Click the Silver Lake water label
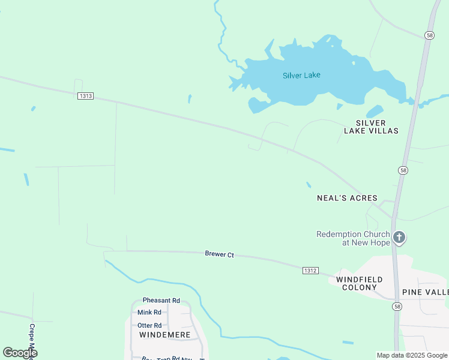(301, 75)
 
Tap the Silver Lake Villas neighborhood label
(371, 127)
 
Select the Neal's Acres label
(347, 198)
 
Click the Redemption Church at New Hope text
(353, 238)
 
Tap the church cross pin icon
(399, 238)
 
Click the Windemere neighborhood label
(164, 334)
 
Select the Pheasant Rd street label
(161, 300)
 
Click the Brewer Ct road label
(219, 255)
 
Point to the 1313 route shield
(85, 96)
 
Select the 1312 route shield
(310, 271)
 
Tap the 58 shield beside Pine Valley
(397, 306)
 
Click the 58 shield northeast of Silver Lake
(429, 35)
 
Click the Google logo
(20, 352)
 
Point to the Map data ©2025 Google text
(412, 355)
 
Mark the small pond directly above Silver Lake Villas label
(374, 112)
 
